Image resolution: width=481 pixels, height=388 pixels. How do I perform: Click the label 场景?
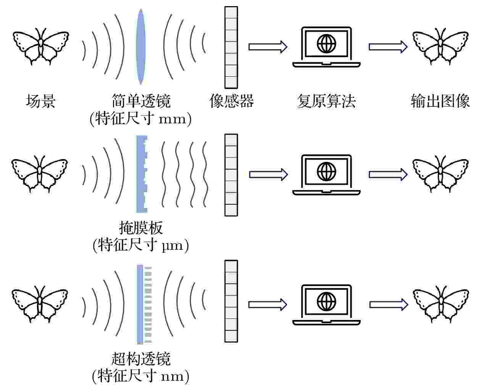pyautogui.click(x=41, y=101)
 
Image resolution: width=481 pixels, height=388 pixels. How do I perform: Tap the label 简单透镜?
pyautogui.click(x=141, y=101)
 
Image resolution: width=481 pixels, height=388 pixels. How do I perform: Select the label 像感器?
pyautogui.click(x=231, y=101)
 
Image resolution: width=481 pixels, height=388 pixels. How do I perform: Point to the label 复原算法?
pyautogui.click(x=326, y=101)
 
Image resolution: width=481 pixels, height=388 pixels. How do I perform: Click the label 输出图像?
pyautogui.click(x=440, y=101)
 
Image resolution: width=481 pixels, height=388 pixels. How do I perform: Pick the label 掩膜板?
pyautogui.click(x=141, y=228)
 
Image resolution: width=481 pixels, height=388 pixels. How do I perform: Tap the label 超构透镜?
pyautogui.click(x=141, y=359)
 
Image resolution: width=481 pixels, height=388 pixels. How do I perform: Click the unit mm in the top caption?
pyautogui.click(x=172, y=120)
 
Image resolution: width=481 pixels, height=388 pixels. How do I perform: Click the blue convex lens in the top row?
pyautogui.click(x=140, y=47)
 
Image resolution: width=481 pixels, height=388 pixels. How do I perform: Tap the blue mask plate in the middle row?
pyautogui.click(x=142, y=174)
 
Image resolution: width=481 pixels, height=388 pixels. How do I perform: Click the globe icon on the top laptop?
pyautogui.click(x=326, y=44)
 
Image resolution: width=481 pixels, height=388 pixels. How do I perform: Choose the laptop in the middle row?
pyautogui.click(x=326, y=175)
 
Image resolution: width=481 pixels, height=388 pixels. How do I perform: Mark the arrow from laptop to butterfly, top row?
pyautogui.click(x=388, y=47)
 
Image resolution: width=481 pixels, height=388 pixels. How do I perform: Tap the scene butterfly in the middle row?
pyautogui.click(x=40, y=174)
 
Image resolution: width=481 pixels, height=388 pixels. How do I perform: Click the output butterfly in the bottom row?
pyautogui.click(x=441, y=304)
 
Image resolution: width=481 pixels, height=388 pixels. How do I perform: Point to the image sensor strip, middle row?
pyautogui.click(x=231, y=175)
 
